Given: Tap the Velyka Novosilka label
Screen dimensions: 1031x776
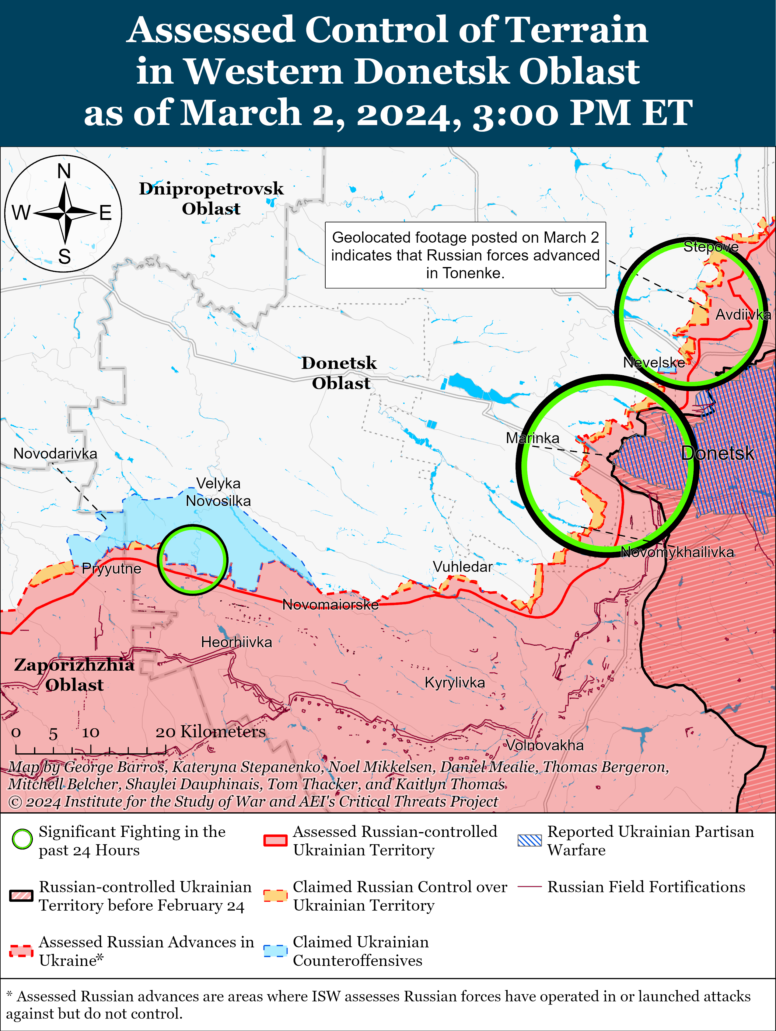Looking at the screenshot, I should coord(218,492).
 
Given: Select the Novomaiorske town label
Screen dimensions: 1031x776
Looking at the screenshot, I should coord(330,605).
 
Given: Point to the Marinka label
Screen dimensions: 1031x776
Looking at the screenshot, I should coord(532,438).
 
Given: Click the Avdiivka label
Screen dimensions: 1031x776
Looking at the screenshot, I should coord(743,314).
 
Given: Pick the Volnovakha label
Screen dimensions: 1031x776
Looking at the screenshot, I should coord(545,745).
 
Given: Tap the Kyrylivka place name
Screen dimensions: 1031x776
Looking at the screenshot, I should coord(454,682).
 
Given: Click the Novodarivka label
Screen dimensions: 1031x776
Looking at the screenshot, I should coord(55,453).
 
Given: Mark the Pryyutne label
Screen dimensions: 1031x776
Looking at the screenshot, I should coord(111,569).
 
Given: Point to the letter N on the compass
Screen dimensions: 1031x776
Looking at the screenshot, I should coord(64,172).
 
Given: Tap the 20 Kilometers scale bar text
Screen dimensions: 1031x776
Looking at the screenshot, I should coord(210,732).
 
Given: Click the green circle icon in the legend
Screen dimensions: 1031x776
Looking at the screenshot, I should coord(22,839).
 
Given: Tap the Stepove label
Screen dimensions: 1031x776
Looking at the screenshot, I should coord(710,247).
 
